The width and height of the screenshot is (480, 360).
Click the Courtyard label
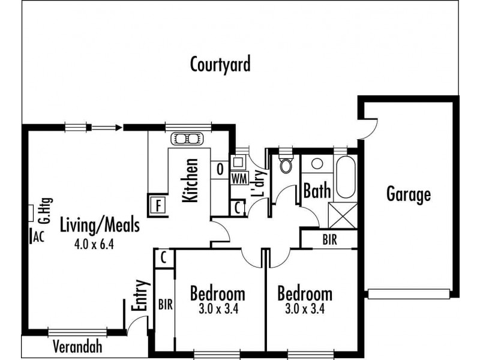220,64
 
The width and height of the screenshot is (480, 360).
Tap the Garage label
408,194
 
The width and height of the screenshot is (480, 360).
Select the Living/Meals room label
100,226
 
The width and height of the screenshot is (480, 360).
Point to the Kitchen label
191,180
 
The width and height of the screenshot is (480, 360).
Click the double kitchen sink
188,139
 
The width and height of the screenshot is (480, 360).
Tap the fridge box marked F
158,203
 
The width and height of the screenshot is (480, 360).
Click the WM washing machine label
238,178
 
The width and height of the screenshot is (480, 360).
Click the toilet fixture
286,164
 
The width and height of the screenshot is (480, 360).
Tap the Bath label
317,191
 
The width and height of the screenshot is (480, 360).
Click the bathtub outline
345,176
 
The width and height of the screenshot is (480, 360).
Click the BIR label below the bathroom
329,239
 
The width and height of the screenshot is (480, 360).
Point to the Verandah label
77,346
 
